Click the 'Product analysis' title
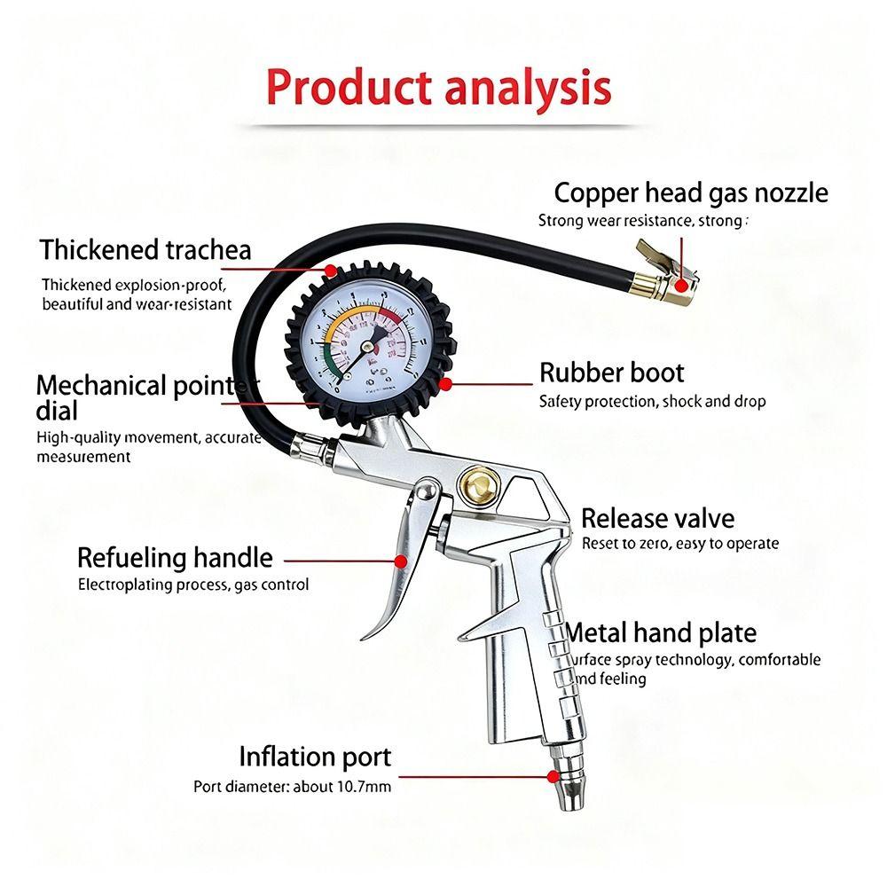pos(438,88)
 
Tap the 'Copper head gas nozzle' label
pos(691,192)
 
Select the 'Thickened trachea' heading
pos(145,250)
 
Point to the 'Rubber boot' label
pos(612,373)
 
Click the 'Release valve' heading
pos(657,518)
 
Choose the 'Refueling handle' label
pos(175,558)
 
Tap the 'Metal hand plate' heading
pos(662,633)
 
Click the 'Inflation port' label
pos(315,757)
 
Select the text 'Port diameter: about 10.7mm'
pos(292,786)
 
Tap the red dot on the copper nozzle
pos(680,285)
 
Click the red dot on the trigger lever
pos(401,561)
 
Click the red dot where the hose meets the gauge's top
pos(330,269)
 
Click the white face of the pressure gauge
pos(364,337)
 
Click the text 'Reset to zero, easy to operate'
pos(680,544)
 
